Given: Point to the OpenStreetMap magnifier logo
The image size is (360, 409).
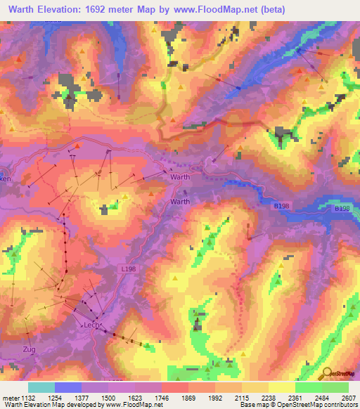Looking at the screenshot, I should pyautogui.click(x=326, y=374).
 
